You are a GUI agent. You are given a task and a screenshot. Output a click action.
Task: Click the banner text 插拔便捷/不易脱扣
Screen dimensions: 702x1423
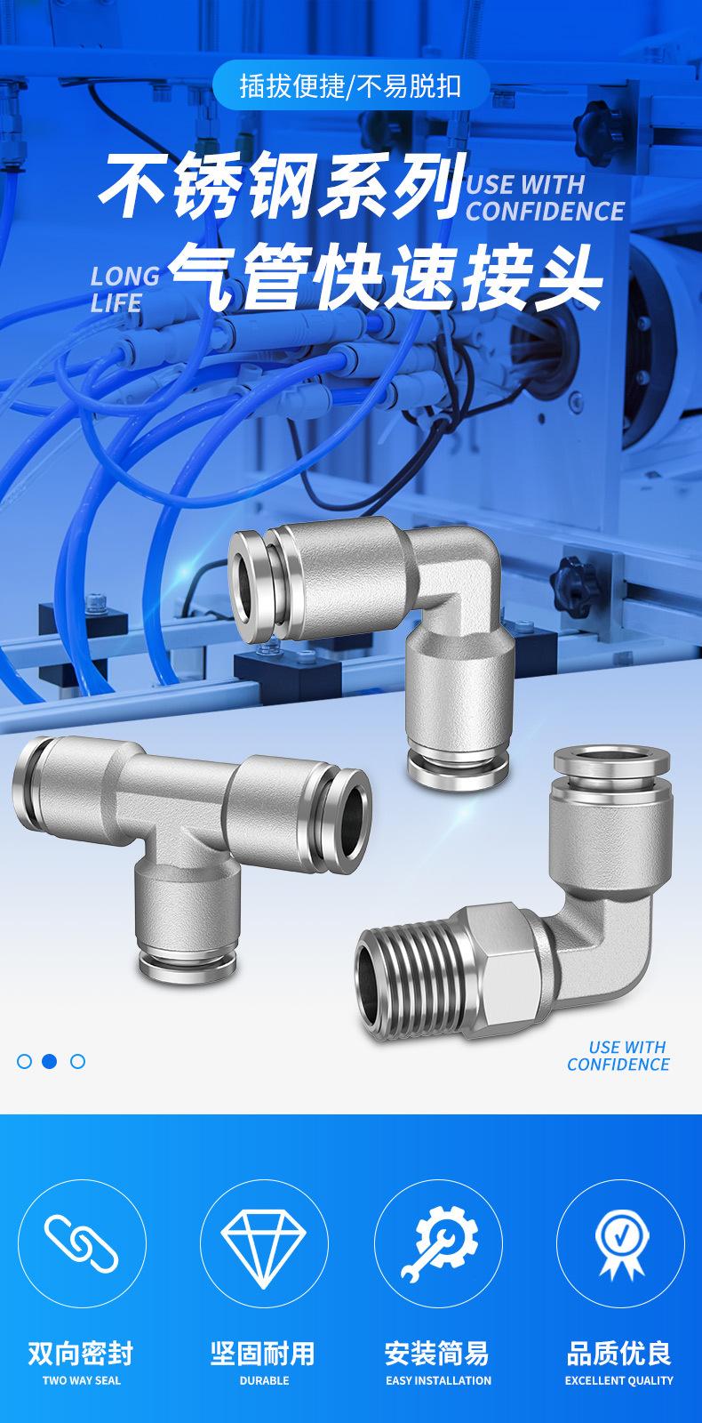click(350, 86)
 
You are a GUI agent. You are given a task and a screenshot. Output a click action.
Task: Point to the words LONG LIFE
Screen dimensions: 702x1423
click(125, 289)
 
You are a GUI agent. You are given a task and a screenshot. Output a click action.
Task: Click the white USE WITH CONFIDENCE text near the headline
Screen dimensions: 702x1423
click(546, 197)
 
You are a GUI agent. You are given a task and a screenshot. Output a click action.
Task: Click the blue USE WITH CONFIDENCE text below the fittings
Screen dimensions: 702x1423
click(618, 1055)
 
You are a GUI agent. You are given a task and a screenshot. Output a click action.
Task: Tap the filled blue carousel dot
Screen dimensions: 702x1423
click(50, 1061)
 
